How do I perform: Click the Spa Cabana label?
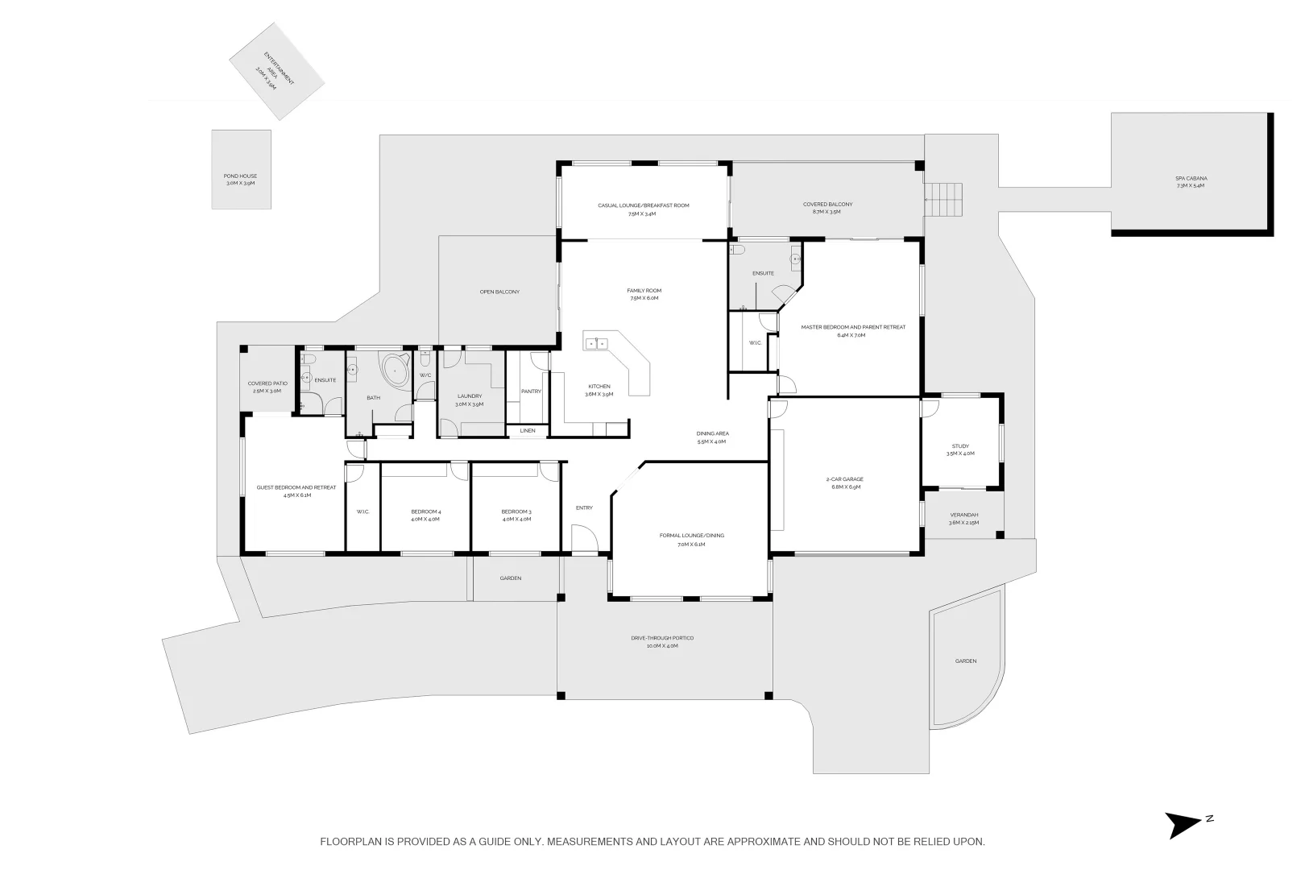coord(1191,182)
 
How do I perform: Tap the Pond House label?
coord(240,179)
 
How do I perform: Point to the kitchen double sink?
coord(597,344)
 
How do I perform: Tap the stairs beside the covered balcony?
coord(943,199)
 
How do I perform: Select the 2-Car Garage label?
coord(844,483)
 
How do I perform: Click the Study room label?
coord(960,449)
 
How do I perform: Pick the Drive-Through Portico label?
coord(662,642)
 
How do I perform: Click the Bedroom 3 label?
coord(516,516)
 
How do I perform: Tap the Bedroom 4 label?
coord(425,516)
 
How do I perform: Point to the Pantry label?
coord(531,391)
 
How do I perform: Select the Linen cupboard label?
coord(528,431)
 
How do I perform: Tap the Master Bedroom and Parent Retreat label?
coord(853,331)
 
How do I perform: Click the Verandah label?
coord(963,519)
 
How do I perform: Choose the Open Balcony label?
coord(499,292)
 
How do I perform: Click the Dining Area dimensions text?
coord(711,441)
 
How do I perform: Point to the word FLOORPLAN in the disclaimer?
coord(351,842)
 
